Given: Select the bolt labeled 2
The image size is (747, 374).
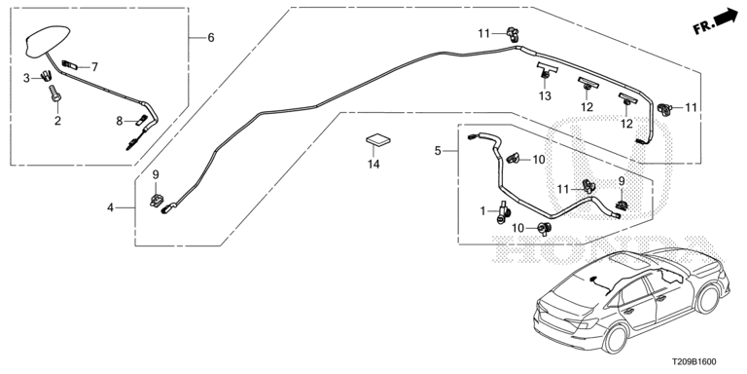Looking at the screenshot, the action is pos(55,93).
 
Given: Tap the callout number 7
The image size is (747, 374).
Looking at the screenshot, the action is pos(94,67).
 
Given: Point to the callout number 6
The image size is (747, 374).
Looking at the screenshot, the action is pos(211,37).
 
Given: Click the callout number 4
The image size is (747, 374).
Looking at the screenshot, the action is pos(110,207).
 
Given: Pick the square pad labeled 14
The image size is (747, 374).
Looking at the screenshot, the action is pos(377,140).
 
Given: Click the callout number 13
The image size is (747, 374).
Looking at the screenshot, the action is pos(545,95).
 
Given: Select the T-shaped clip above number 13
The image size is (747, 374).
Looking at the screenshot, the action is pos(547,69).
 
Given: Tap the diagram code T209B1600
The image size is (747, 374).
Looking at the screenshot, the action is pos(694,362).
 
